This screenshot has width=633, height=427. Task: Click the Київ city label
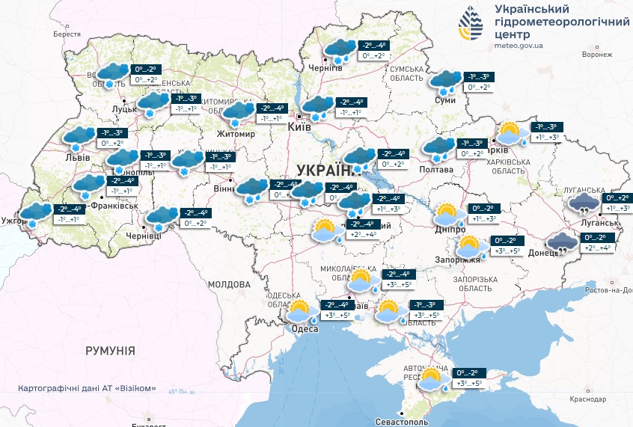pyautogui.click(x=300, y=128)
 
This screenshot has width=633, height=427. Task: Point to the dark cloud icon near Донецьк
pyautogui.click(x=561, y=244)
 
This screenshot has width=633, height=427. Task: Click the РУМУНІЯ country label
pyautogui.click(x=110, y=350)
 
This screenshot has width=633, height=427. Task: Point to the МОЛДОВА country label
pyautogui.click(x=228, y=285)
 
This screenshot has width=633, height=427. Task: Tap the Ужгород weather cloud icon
pyautogui.click(x=34, y=215)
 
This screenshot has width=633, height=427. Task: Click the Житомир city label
pyautogui.click(x=236, y=135)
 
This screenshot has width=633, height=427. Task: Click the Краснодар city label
pyautogui.click(x=587, y=399)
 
